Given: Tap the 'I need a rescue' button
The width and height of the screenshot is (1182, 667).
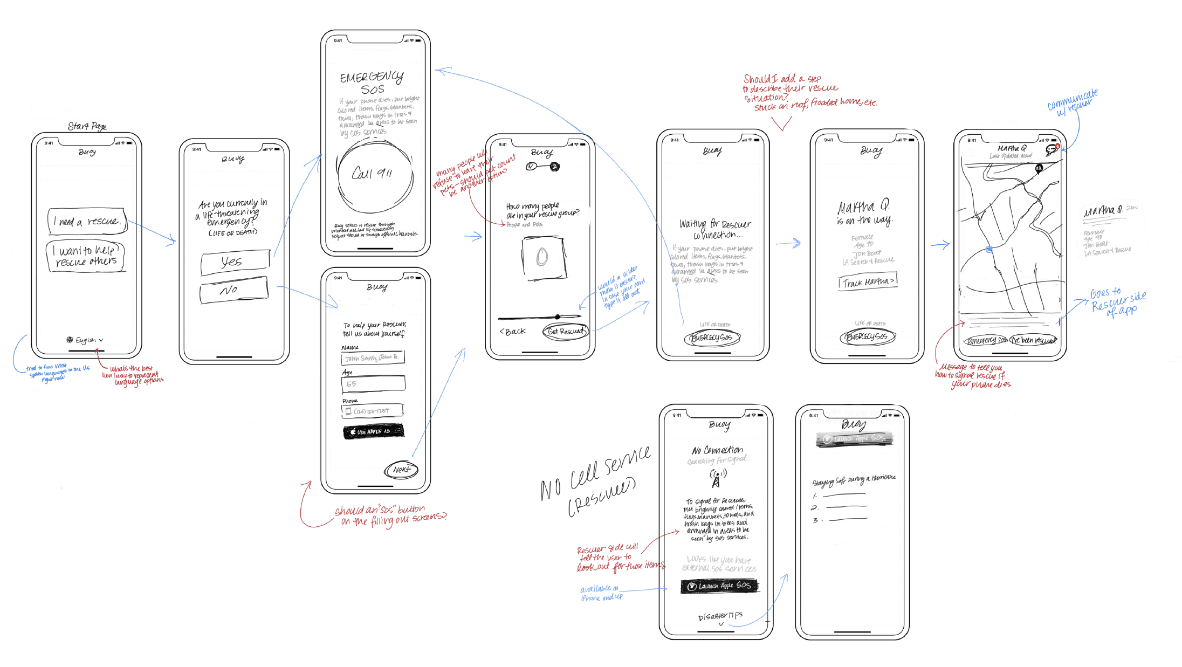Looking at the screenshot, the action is [87, 221].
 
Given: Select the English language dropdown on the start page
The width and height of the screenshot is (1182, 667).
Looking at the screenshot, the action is [85, 340].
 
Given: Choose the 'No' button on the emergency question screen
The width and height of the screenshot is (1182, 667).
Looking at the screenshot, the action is [233, 291].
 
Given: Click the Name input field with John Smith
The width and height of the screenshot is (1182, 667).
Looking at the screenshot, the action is [373, 357].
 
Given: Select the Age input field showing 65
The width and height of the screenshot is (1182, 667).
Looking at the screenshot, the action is [373, 384].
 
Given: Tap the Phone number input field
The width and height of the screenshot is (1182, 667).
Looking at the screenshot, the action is [373, 411].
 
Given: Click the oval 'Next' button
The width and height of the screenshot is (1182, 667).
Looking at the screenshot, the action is [401, 470].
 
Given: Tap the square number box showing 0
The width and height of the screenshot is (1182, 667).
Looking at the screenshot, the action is [544, 258].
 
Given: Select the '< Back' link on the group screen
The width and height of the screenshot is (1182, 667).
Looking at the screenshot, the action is [512, 331].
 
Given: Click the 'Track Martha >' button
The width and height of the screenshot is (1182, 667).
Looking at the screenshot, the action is [868, 282].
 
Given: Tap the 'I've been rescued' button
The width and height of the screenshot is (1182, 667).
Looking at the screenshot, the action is [1033, 340].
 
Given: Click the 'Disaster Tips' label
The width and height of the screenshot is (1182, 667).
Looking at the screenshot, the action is [720, 616].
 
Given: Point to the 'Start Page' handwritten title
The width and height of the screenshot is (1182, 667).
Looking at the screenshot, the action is [87, 126].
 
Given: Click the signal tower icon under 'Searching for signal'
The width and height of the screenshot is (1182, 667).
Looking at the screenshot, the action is [717, 478].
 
